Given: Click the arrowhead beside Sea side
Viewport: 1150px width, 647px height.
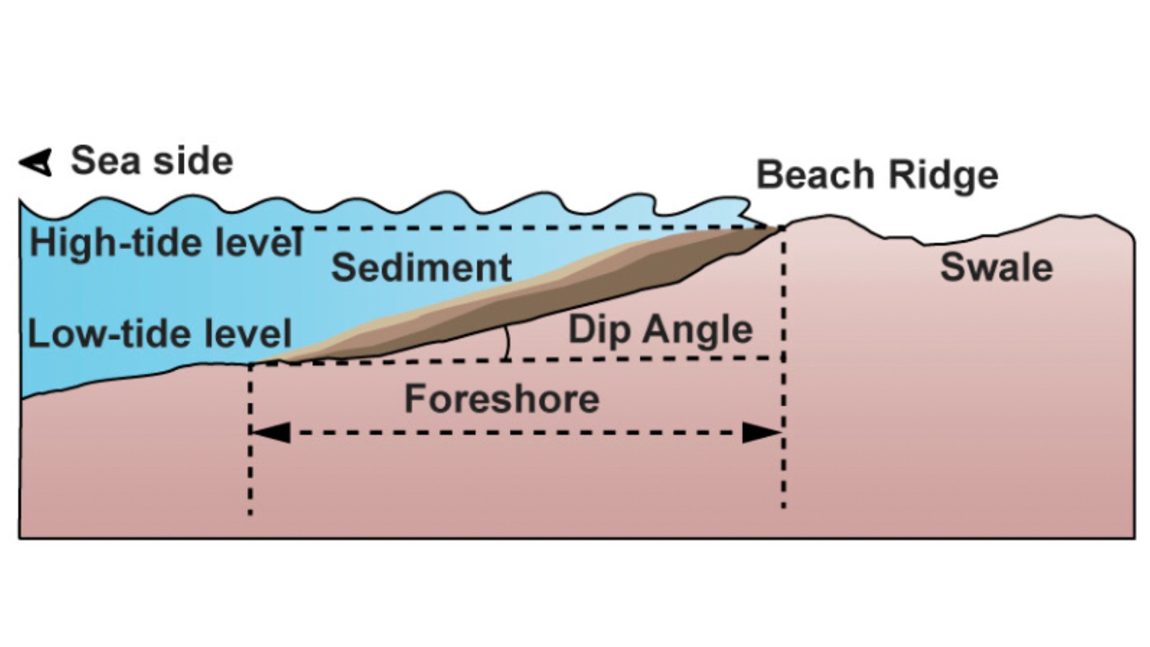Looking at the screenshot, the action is coord(36,162).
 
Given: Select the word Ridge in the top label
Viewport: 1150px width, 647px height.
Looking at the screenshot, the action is coord(943,176).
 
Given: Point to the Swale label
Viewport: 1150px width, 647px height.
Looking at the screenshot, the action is coord(997,267).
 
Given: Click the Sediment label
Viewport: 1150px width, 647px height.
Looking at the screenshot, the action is coord(421,267).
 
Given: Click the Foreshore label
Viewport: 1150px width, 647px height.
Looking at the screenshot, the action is coord(502,399).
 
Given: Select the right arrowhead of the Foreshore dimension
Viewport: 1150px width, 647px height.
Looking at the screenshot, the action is coord(762,432).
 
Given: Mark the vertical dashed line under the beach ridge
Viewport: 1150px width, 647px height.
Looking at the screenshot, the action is coord(783,368).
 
